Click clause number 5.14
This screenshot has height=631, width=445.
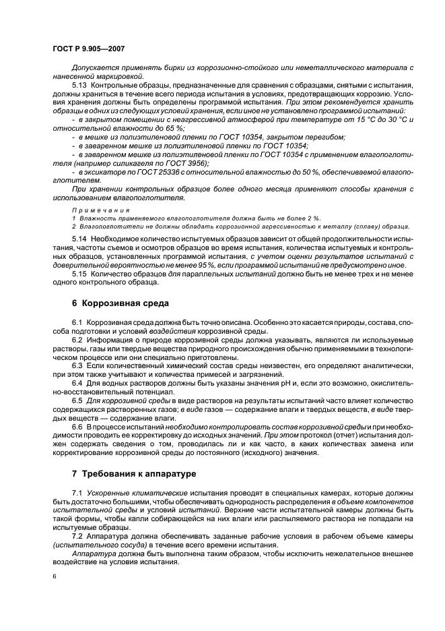(81, 239)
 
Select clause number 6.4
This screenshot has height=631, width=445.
(79, 382)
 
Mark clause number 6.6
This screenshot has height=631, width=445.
(79, 428)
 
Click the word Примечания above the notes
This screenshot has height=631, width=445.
(95, 210)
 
